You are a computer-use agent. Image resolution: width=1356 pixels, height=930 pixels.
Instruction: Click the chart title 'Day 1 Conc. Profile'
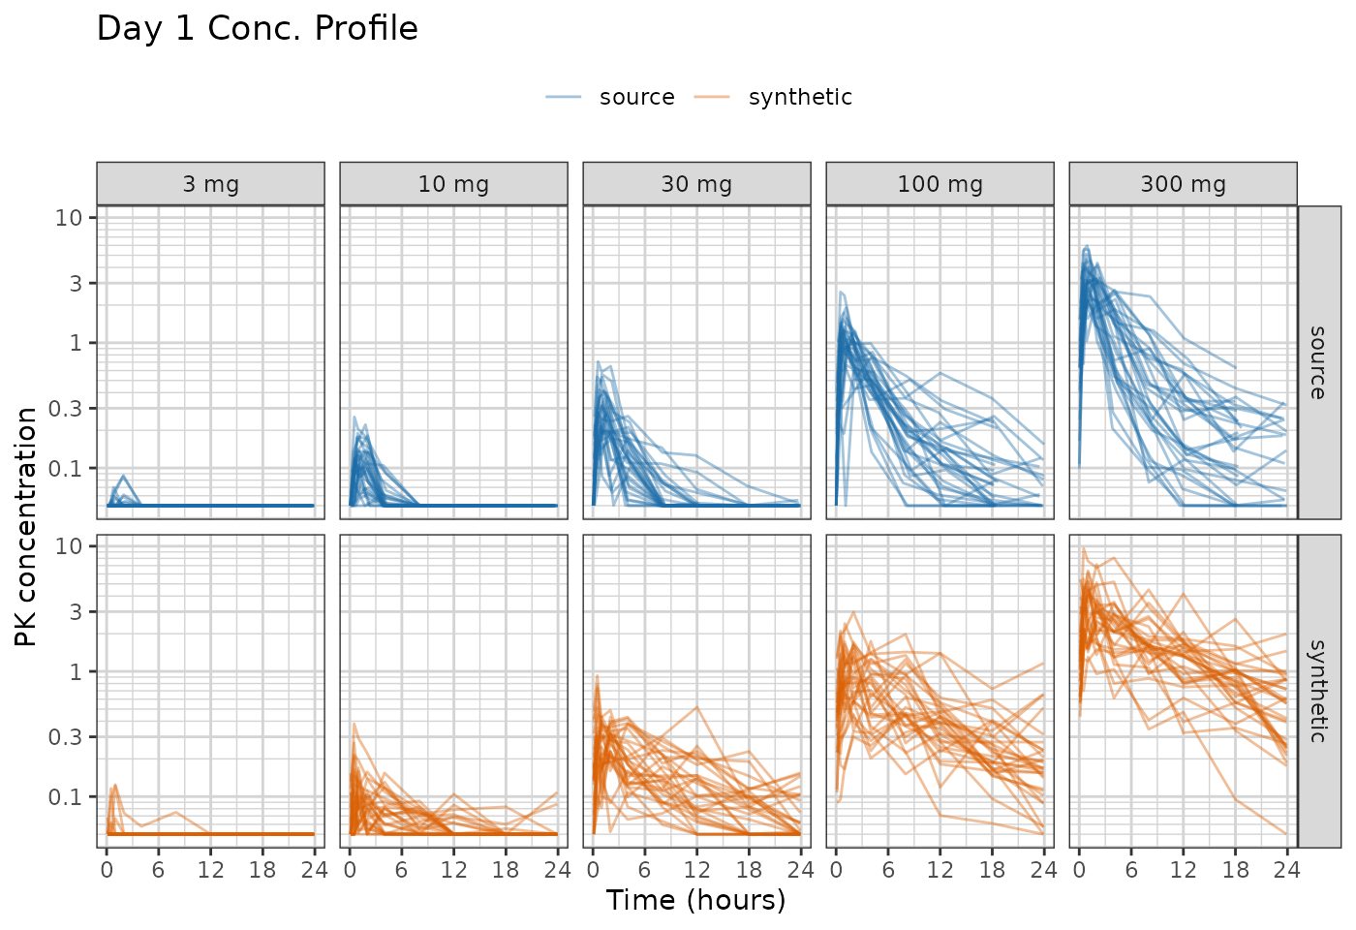[258, 28]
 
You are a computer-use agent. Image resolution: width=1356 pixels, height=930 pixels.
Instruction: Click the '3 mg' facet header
[211, 183]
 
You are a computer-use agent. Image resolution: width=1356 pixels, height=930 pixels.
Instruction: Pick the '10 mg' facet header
[453, 183]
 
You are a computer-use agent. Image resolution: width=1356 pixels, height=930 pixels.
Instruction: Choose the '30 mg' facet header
[696, 183]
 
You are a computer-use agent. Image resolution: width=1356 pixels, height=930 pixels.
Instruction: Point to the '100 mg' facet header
[940, 183]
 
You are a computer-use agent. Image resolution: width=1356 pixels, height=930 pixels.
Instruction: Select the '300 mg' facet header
[1184, 183]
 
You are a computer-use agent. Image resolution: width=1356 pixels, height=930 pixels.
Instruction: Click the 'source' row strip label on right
[1318, 362]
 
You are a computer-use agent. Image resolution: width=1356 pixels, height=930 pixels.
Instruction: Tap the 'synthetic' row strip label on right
[1318, 691]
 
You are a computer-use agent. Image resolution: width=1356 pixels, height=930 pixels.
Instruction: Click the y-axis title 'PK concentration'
[25, 527]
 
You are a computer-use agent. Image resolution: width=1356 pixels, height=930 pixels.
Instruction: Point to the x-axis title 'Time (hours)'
[696, 900]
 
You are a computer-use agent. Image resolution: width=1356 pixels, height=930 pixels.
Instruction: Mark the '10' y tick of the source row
[69, 217]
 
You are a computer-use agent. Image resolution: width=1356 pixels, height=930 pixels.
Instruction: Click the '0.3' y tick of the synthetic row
[65, 737]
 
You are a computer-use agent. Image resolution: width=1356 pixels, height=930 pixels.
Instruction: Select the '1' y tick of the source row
[76, 343]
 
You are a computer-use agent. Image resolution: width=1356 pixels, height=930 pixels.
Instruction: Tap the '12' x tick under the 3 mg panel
[211, 870]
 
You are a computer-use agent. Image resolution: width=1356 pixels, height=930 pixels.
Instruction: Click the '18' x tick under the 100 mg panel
[992, 870]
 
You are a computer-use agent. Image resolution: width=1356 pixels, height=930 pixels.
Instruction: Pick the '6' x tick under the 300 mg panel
[1131, 870]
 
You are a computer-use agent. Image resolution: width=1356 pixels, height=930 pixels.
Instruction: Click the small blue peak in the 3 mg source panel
[124, 476]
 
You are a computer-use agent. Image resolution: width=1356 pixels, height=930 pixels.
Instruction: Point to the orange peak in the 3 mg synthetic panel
[115, 786]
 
